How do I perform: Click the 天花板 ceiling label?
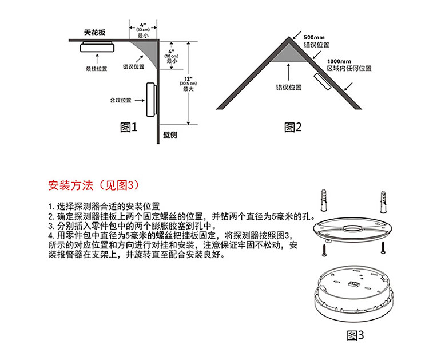coord(94,33)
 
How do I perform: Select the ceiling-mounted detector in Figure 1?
coord(99,46)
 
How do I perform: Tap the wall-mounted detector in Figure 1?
coord(151,100)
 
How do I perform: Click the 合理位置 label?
coord(121,100)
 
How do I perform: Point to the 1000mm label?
coord(339,60)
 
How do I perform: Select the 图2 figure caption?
coord(293,127)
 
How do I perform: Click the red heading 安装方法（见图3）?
coord(93,185)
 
